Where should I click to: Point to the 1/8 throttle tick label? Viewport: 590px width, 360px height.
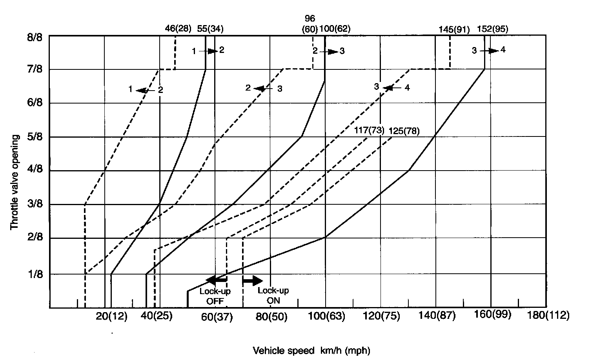pyautogui.click(x=35, y=275)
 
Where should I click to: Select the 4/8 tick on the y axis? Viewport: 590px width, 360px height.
pyautogui.click(x=35, y=171)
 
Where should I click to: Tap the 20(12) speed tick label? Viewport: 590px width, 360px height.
pyautogui.click(x=112, y=316)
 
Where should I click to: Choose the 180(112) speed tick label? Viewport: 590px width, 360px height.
pyautogui.click(x=548, y=316)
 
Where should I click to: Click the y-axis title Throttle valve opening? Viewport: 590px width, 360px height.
pyautogui.click(x=15, y=182)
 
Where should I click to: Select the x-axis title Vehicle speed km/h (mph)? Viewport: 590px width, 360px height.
pyautogui.click(x=311, y=350)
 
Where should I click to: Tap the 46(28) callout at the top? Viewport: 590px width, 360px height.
pyautogui.click(x=178, y=29)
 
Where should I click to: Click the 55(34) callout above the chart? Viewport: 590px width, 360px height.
pyautogui.click(x=210, y=29)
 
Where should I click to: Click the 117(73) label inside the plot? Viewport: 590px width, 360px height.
pyautogui.click(x=368, y=131)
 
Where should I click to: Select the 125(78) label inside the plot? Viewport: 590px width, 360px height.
pyautogui.click(x=404, y=131)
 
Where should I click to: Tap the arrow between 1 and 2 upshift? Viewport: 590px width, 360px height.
pyautogui.click(x=208, y=51)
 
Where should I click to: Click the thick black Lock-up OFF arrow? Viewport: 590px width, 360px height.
pyautogui.click(x=216, y=280)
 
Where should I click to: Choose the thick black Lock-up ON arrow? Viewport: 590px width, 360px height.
pyautogui.click(x=253, y=280)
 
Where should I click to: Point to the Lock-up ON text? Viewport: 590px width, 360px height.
pyautogui.click(x=273, y=296)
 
